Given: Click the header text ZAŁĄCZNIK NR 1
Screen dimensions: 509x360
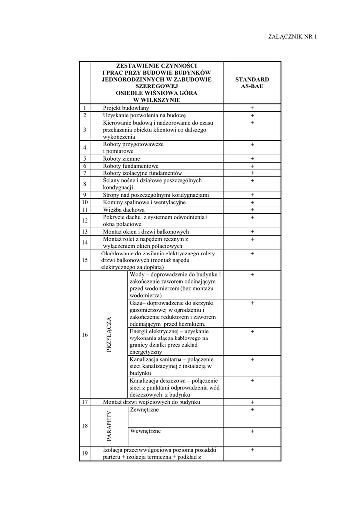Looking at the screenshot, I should point(292,37).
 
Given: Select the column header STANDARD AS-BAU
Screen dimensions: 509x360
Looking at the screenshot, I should point(252,83).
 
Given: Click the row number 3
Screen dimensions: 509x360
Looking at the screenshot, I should point(85,130).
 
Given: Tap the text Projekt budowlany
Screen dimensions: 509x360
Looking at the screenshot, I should point(126,108).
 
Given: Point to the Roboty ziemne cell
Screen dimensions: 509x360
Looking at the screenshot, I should point(121,159).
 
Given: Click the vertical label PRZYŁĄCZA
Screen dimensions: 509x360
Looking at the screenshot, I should point(109,335).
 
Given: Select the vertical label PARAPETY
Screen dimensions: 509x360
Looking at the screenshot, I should point(109,426).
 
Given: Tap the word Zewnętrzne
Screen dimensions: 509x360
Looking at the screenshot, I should point(144,409).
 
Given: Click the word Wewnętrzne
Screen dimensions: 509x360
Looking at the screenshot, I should point(145,431).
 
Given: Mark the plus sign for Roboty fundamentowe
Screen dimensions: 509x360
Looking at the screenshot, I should point(252,166).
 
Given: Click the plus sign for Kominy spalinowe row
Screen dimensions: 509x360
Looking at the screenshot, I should point(252,202).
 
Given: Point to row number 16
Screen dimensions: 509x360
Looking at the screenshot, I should point(85,335).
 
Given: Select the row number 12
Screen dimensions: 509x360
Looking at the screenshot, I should point(85,221).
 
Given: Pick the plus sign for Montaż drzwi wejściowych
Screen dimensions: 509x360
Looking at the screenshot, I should point(252,402).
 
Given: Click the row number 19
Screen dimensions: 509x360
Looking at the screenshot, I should point(85,453).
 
